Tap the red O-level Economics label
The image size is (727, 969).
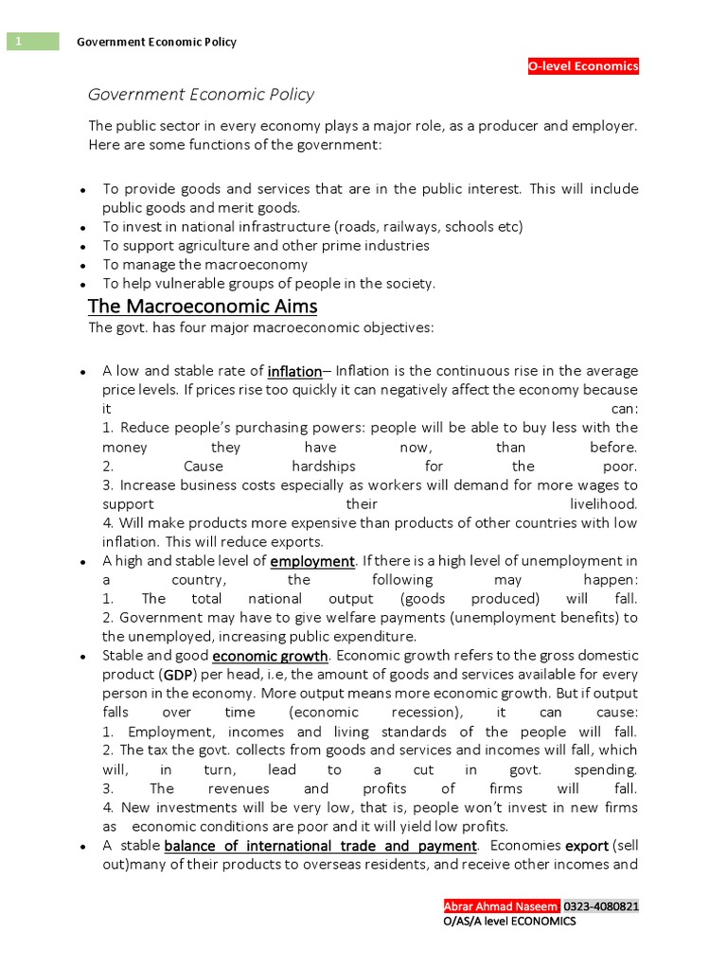(583, 66)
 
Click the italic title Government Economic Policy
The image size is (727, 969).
(201, 95)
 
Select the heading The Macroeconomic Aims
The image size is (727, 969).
(203, 307)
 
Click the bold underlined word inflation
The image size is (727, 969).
(294, 371)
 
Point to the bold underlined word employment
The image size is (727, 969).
(312, 561)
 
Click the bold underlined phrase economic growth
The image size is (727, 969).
(270, 656)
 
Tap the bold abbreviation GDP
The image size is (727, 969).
(177, 675)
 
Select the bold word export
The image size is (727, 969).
(587, 845)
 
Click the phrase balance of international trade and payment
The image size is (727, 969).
(320, 845)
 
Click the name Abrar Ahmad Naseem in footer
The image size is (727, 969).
(502, 906)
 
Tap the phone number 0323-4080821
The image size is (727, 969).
(601, 906)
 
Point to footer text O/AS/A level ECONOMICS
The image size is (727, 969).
(509, 922)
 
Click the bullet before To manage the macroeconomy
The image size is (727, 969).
(83, 266)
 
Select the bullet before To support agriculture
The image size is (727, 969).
(83, 247)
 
